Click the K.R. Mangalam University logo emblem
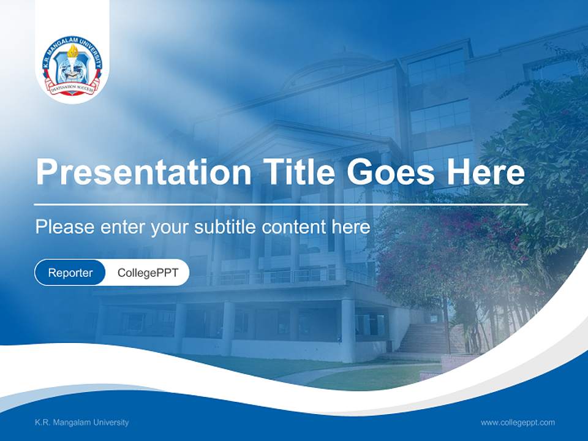[72, 67]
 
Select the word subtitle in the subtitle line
[225, 227]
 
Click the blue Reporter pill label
[70, 273]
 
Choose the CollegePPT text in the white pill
[148, 273]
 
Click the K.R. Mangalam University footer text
[81, 423]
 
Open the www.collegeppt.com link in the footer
[518, 423]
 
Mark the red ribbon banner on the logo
[72, 86]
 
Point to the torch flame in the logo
[72, 51]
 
